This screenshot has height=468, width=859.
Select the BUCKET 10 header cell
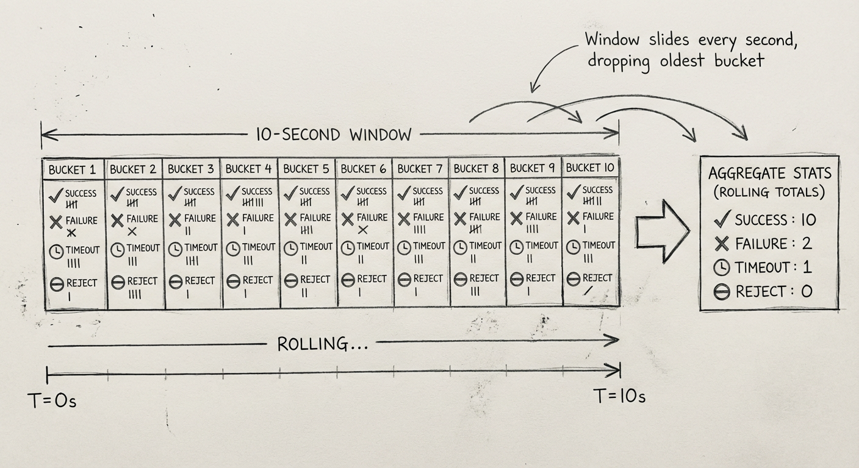[x=589, y=167]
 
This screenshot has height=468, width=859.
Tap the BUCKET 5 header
[x=307, y=168]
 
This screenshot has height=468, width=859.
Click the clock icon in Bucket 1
[x=57, y=251]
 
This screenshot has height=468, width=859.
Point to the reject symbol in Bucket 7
[x=404, y=280]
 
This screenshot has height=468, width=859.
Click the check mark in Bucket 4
[x=232, y=194]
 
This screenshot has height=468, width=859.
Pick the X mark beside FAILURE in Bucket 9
[x=517, y=218]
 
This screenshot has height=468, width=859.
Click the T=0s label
[x=52, y=401]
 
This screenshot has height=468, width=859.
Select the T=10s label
[x=619, y=396]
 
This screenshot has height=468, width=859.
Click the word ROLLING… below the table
[x=322, y=344]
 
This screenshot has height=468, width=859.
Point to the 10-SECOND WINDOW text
[x=333, y=134]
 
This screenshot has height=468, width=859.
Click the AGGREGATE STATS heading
[x=769, y=173]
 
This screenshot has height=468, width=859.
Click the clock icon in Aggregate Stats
[x=722, y=268]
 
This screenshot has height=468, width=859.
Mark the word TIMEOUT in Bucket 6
[x=373, y=247]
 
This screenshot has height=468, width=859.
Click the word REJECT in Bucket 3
[x=199, y=281]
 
